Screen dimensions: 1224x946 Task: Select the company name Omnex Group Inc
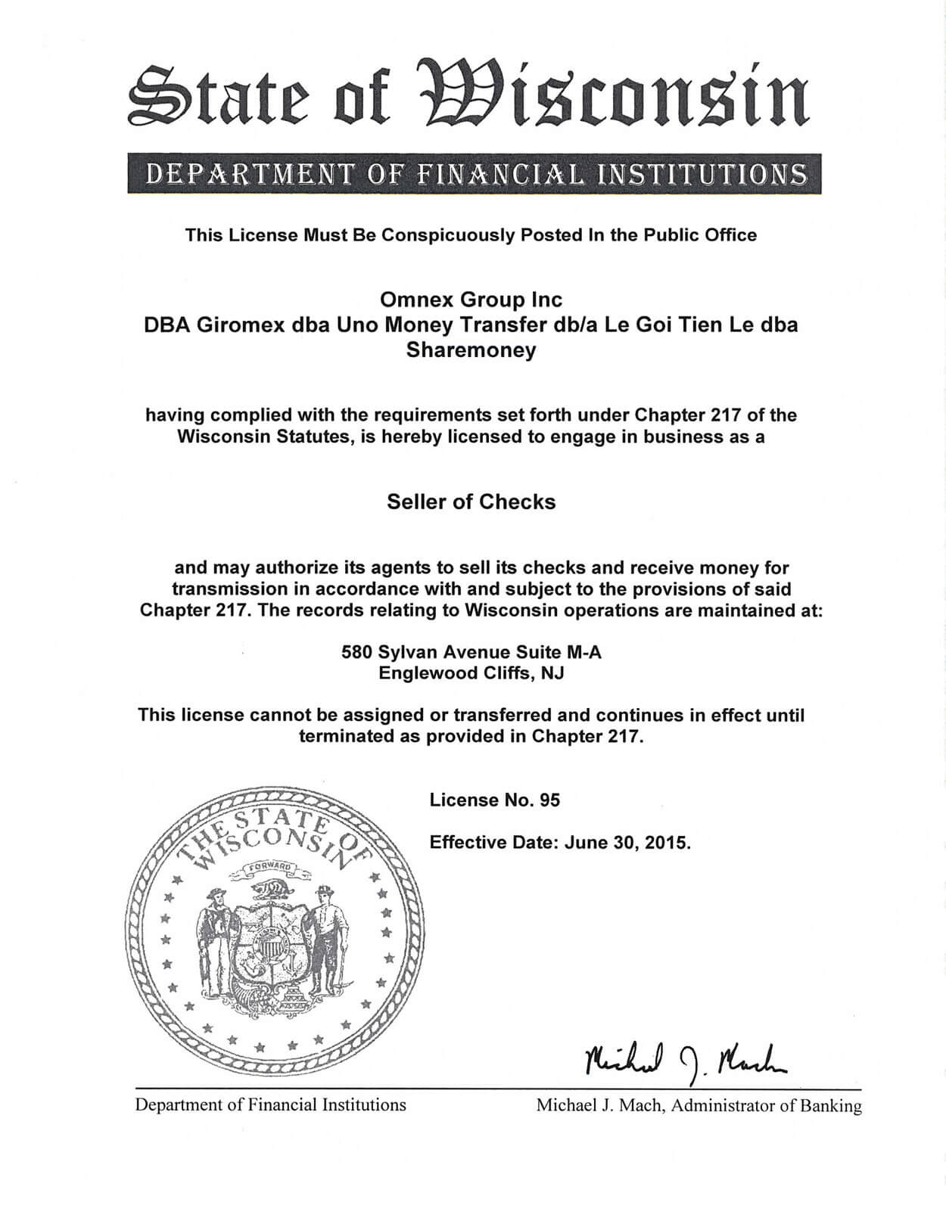coord(471,300)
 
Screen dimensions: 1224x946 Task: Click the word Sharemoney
coord(471,350)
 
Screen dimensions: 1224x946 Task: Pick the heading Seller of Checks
coord(471,502)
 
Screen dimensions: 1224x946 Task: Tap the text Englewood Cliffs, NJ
coord(471,673)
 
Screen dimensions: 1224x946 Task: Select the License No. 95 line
coord(494,800)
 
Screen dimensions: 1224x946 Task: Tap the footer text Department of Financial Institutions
coord(270,1104)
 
